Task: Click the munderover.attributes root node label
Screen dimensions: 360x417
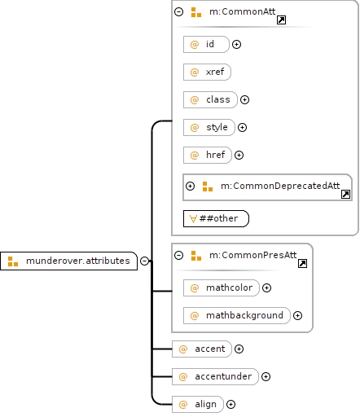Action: tap(78, 261)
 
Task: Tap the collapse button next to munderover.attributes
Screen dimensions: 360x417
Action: tap(144, 261)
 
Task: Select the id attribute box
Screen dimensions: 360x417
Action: tap(206, 44)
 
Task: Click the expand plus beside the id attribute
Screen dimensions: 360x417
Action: tap(237, 44)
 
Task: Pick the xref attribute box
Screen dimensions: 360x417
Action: tap(207, 72)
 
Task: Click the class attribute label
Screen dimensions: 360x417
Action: tap(218, 99)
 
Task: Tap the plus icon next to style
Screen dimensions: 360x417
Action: tap(242, 127)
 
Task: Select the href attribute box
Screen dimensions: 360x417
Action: tap(208, 155)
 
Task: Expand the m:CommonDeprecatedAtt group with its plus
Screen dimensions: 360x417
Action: tap(190, 186)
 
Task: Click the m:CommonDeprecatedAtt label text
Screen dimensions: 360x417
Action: tap(280, 186)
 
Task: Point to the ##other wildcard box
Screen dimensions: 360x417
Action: tap(216, 218)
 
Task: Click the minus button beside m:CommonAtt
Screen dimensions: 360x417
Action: tap(178, 11)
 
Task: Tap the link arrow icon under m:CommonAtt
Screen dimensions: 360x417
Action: tap(281, 20)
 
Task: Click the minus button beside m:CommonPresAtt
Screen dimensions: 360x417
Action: tap(178, 255)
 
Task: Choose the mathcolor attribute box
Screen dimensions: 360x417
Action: tap(222, 288)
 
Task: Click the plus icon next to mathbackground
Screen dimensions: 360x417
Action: tap(298, 315)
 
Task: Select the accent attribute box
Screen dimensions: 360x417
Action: tap(202, 349)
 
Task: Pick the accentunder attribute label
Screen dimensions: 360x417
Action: tap(223, 376)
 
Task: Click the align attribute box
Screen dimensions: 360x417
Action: tap(198, 404)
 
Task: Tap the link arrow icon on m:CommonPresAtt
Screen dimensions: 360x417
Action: tap(302, 264)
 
